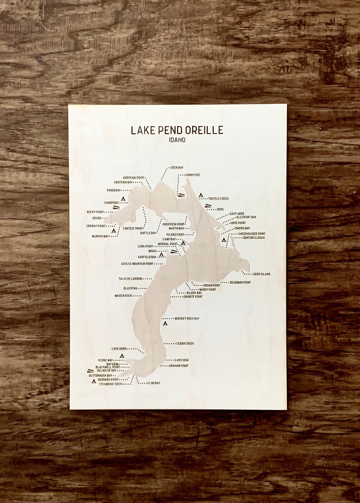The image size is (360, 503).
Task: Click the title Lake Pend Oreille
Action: coord(177,130)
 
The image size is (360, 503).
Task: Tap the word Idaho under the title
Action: coord(177,140)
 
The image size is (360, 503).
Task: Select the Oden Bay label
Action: coord(177,168)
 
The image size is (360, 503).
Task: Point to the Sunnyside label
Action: coord(192,175)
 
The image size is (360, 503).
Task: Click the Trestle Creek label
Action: coord(218,199)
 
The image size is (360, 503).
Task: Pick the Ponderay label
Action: coord(114,191)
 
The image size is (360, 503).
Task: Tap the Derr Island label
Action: coord(262,274)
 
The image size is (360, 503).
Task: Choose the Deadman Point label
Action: coord(240,282)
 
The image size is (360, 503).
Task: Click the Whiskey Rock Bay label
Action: coord(187,318)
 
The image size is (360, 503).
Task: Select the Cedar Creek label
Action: coord(185,343)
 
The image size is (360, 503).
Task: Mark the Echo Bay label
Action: coord(154,383)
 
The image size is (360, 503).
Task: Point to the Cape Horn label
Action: coord(119,349)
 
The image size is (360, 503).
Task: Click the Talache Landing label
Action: coord(130,279)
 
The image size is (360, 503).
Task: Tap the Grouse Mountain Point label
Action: coord(137,264)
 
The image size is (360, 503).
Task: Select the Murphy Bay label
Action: coord(100,237)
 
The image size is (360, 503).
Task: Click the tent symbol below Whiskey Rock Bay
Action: coord(165,323)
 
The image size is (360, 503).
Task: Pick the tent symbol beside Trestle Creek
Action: coord(201,195)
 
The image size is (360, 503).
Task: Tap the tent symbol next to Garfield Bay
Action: coord(161,255)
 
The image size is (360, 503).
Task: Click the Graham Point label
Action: coord(178,366)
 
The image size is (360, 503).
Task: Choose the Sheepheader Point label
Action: coord(252,234)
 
